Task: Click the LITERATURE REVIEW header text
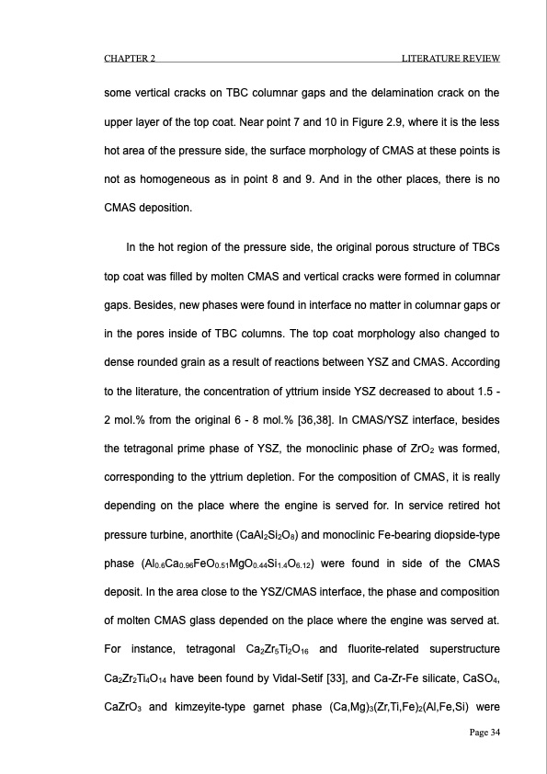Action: [450, 60]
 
